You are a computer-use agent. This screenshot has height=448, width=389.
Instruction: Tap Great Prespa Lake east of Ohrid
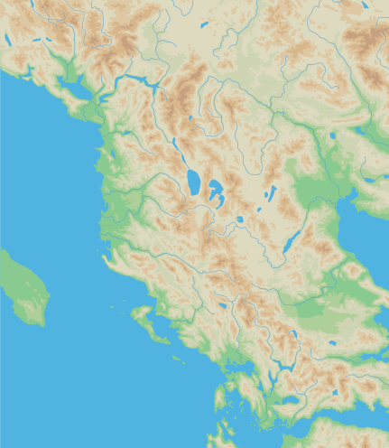click(x=217, y=191)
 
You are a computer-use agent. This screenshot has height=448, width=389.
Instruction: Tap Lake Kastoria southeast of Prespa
click(x=239, y=219)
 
